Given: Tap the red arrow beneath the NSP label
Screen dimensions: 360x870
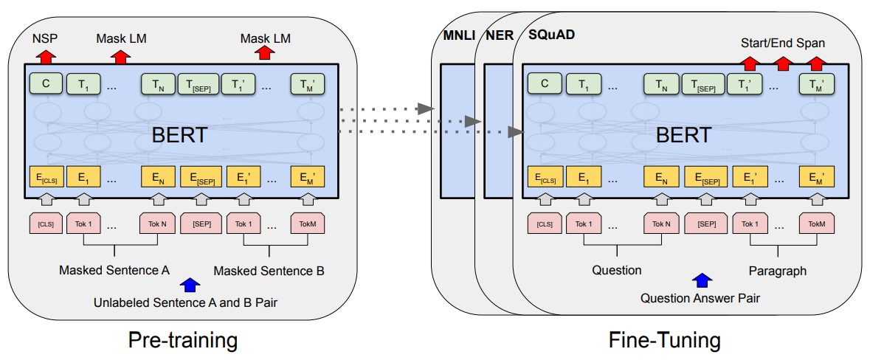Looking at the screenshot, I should pos(46,55).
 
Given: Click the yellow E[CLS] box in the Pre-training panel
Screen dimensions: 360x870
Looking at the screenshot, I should pos(46,179).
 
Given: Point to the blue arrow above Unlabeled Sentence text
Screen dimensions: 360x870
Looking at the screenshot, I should pos(190,285).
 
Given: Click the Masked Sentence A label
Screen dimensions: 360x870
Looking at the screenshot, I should pos(114,270).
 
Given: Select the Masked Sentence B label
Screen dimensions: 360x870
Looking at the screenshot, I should pos(269,271).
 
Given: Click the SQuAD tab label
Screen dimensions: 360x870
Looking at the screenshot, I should pos(551,35).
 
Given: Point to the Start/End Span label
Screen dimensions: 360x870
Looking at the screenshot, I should pos(782,43).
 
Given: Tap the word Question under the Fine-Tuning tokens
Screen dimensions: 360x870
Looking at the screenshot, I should pos(616,270).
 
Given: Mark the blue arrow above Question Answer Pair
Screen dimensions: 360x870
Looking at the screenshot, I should pos(702,280).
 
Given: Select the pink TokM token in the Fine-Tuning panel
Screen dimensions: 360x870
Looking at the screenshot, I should pos(816,223).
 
